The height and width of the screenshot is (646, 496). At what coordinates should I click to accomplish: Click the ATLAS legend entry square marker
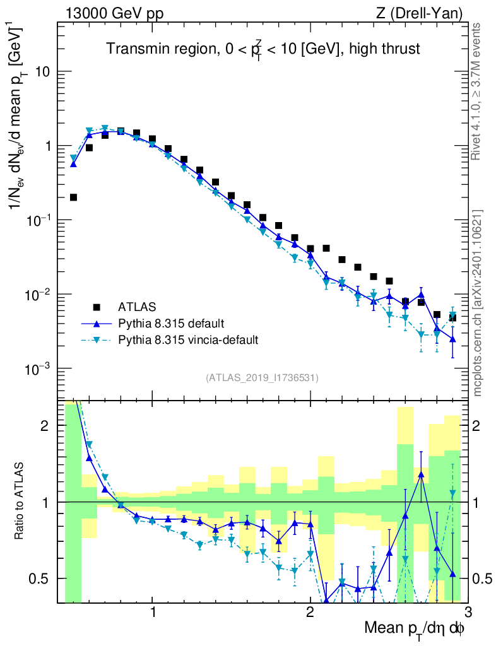[97, 307]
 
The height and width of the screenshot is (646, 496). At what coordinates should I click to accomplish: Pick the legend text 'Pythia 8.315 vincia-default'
[188, 340]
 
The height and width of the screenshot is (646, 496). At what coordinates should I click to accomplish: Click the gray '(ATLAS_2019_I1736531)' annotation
[262, 378]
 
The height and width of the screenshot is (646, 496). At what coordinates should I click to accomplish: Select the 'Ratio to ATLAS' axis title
[21, 502]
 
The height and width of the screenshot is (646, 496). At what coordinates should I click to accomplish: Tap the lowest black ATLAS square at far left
[73, 197]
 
